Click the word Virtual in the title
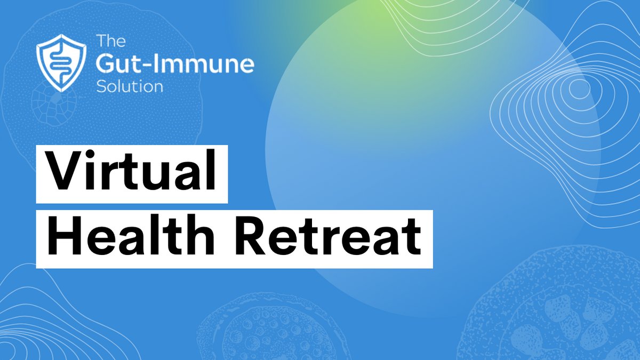click(x=131, y=170)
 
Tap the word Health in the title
click(x=131, y=235)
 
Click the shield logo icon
click(x=61, y=63)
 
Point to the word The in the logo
click(x=111, y=41)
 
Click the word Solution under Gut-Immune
click(x=130, y=86)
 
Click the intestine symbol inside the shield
click(x=61, y=63)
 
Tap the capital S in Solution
click(x=101, y=86)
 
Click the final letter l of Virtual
click(x=211, y=170)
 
